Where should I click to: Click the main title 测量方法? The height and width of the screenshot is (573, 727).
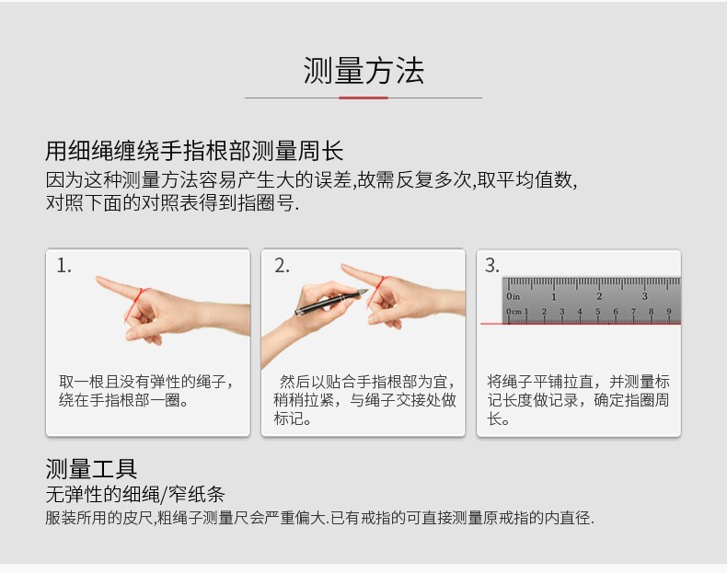click(363, 71)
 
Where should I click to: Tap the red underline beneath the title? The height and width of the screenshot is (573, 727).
click(363, 97)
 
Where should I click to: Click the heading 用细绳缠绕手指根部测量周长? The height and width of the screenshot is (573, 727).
click(194, 151)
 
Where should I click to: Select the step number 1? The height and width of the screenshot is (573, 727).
click(63, 266)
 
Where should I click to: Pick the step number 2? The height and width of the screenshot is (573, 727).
click(282, 266)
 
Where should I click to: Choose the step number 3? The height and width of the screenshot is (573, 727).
click(492, 266)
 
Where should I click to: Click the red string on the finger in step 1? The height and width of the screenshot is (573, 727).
click(134, 304)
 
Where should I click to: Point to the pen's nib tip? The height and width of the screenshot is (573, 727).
click(368, 291)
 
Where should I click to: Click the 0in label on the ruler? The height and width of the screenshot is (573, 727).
click(513, 296)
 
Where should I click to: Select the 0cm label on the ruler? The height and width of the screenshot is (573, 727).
click(514, 312)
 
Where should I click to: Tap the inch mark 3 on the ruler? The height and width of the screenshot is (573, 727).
click(644, 296)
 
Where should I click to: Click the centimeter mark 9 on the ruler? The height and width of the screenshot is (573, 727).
click(669, 311)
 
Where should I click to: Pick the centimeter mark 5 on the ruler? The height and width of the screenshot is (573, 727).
click(597, 311)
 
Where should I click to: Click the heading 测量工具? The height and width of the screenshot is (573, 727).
click(91, 469)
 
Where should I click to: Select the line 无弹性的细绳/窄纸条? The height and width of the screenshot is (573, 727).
click(135, 495)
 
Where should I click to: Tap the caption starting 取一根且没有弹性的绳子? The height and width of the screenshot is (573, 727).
click(146, 391)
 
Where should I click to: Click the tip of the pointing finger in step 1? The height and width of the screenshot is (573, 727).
click(98, 279)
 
